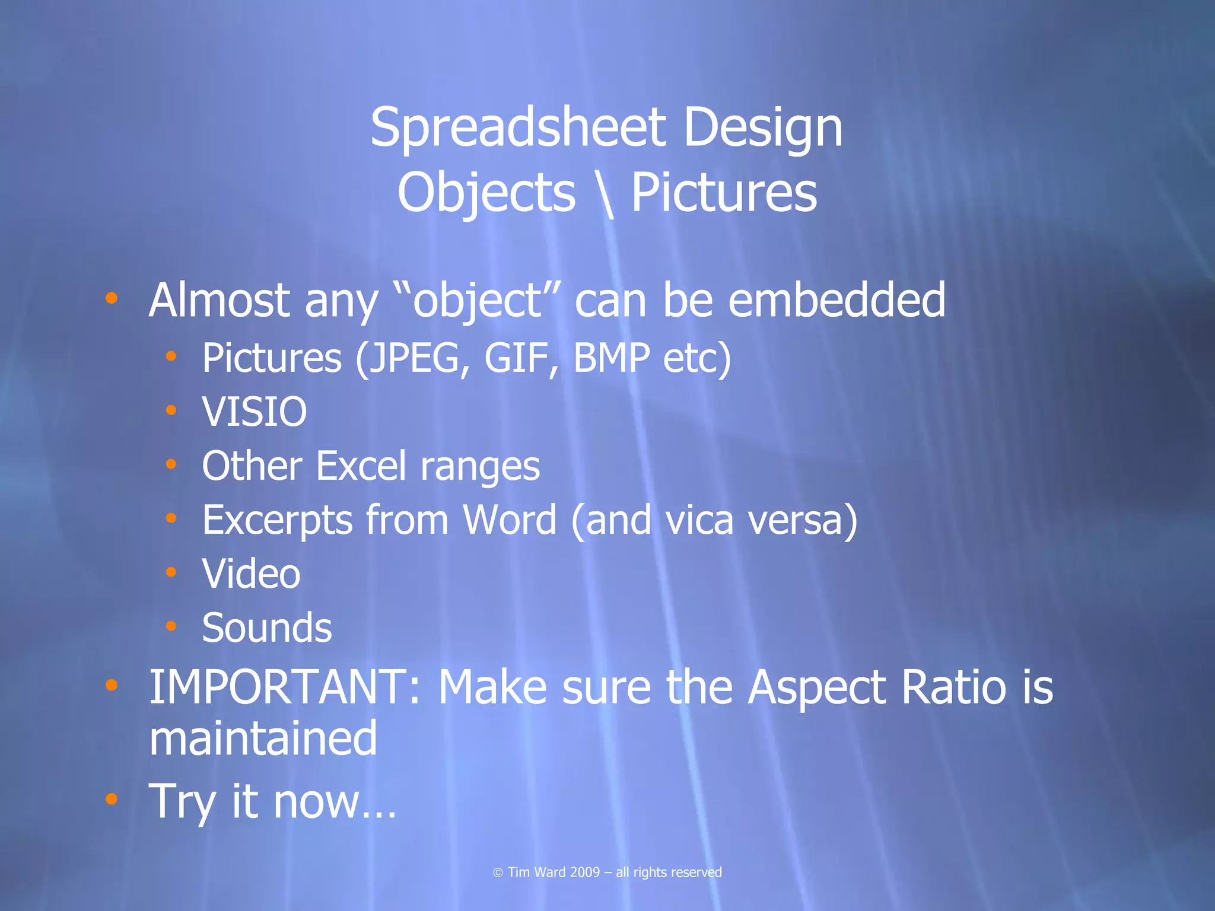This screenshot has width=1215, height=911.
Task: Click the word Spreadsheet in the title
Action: pyautogui.click(x=517, y=129)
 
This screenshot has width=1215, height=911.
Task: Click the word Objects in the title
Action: pyautogui.click(x=486, y=194)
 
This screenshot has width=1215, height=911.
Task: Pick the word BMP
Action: pyautogui.click(x=612, y=358)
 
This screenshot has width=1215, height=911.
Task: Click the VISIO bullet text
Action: pyautogui.click(x=255, y=412)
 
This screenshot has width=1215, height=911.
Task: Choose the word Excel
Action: pyautogui.click(x=361, y=466)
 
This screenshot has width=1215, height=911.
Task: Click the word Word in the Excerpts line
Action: pyautogui.click(x=510, y=520)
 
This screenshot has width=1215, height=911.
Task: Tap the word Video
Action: pyautogui.click(x=251, y=574)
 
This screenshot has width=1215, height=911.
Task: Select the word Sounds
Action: pyautogui.click(x=267, y=628)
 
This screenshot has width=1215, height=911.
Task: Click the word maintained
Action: pyautogui.click(x=263, y=738)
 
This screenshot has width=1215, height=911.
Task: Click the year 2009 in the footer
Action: pyautogui.click(x=585, y=872)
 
